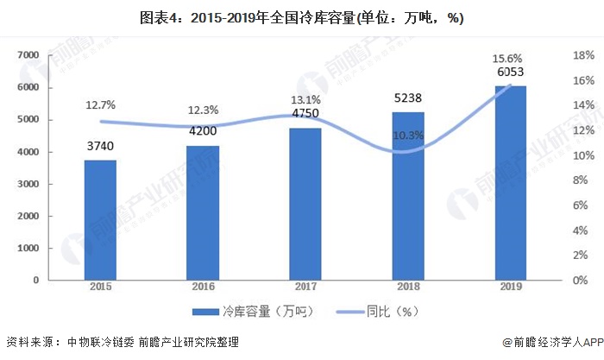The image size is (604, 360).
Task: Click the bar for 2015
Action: [100, 220]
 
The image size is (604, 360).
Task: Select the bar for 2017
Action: [305, 204]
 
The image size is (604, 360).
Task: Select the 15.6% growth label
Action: [508, 58]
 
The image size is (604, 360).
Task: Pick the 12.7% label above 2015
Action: [101, 104]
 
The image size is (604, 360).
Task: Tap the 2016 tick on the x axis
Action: [203, 287]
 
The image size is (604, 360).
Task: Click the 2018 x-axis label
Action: [408, 287]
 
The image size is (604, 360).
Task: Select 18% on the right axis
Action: [582, 55]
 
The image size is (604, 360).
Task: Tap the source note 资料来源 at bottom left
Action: [122, 342]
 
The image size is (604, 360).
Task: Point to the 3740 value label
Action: [100, 147]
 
